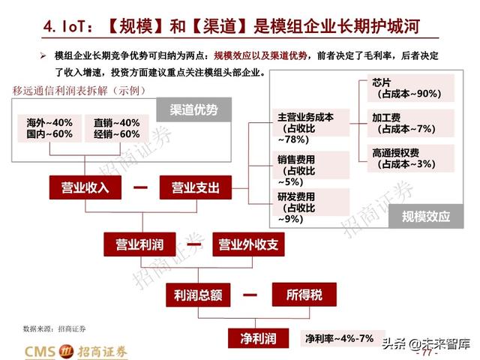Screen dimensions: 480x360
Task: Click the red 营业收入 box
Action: pos(85,188)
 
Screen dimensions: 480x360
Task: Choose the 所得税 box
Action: pos(304,295)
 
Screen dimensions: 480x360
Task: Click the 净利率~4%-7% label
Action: pos(339,338)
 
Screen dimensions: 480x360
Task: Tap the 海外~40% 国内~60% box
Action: pos(49,128)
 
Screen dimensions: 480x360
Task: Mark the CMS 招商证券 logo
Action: pos(75,350)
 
